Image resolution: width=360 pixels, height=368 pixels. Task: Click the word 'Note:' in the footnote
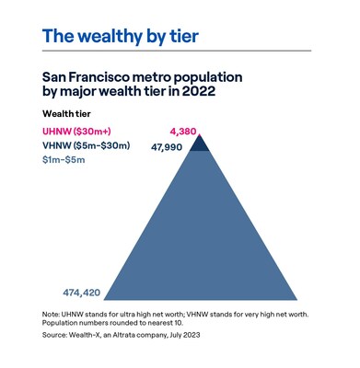pyautogui.click(x=54, y=313)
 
